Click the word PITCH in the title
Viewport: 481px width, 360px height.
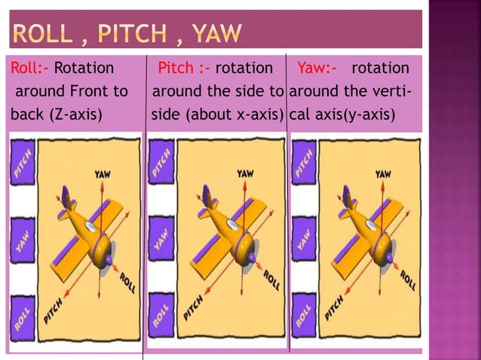click(x=128, y=33)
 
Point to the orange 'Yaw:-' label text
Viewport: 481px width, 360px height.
click(x=317, y=69)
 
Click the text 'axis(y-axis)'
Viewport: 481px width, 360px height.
click(x=354, y=117)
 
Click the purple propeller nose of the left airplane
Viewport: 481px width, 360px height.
click(x=109, y=260)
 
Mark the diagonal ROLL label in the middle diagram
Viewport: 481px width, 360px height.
click(x=269, y=282)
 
